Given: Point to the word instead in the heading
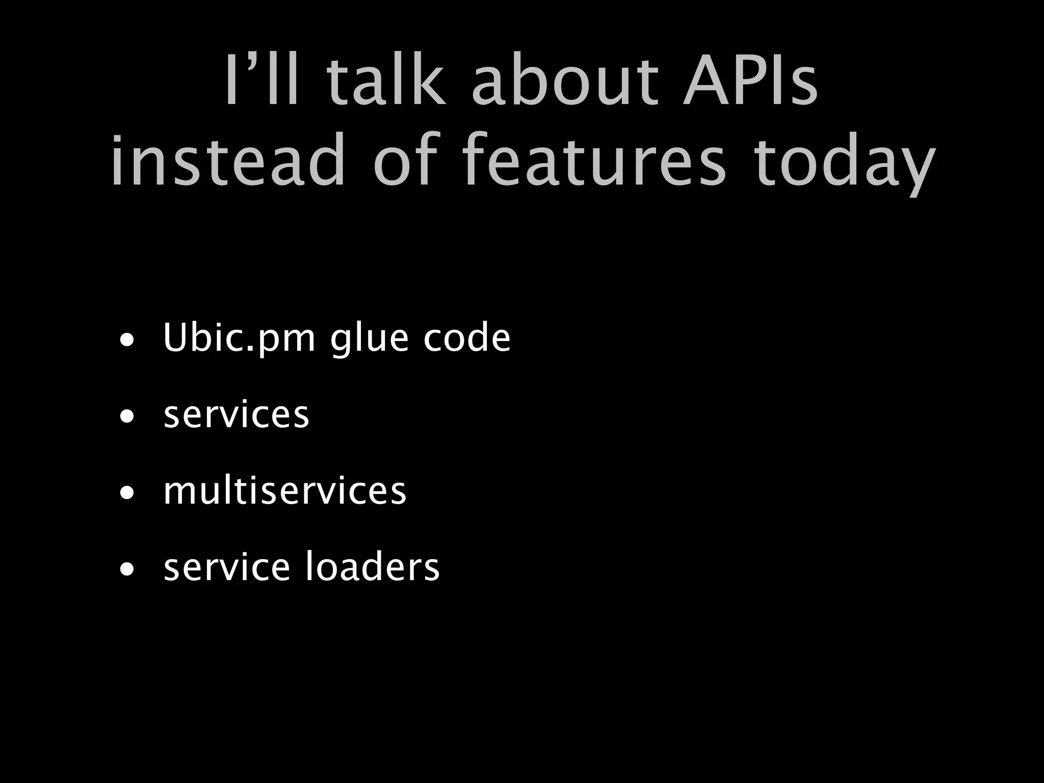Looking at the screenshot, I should (228, 161).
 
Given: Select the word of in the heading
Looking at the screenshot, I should (406, 161).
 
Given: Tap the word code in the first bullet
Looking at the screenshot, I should (466, 338).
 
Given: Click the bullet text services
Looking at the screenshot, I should (236, 415).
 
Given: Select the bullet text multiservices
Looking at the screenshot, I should (284, 491).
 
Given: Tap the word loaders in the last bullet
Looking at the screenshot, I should (372, 567).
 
